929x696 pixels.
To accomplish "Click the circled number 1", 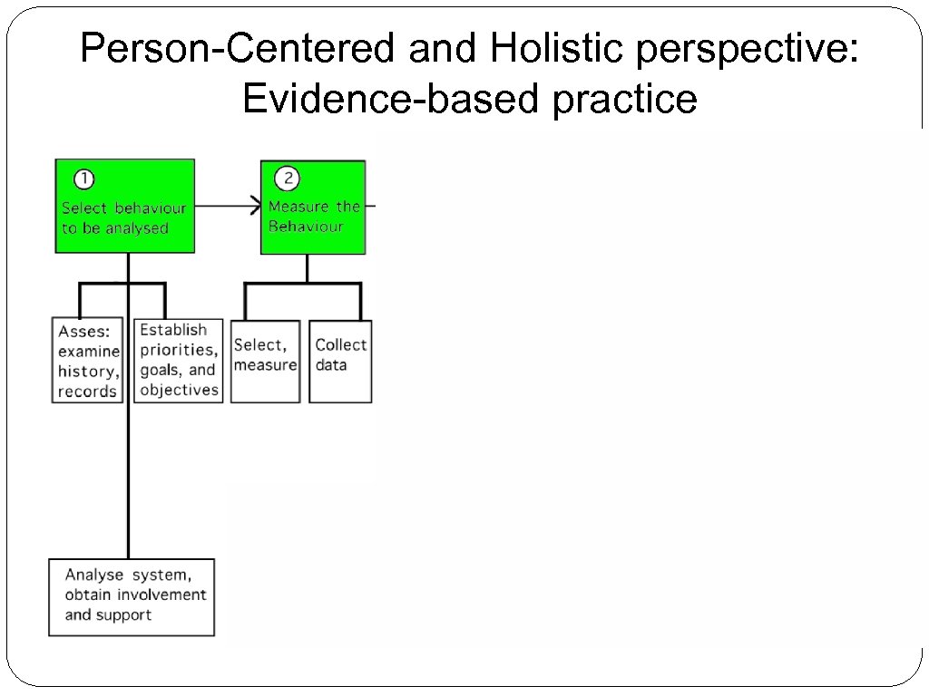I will (81, 179).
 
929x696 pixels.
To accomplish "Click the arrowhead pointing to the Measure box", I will (255, 207).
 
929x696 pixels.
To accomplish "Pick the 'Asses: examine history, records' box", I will (87, 360).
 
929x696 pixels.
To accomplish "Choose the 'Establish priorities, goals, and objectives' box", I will (179, 360).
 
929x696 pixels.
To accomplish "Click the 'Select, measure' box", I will (265, 362).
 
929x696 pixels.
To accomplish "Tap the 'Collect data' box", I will (340, 362).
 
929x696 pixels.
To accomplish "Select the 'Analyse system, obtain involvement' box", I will (132, 596).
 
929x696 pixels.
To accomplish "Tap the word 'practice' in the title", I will (624, 99).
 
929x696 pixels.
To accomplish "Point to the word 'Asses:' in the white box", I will (84, 331).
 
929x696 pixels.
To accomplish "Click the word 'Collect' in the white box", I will (340, 344).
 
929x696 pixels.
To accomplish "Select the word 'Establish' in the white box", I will (173, 330).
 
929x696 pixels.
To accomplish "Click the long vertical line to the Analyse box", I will (128, 480).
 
